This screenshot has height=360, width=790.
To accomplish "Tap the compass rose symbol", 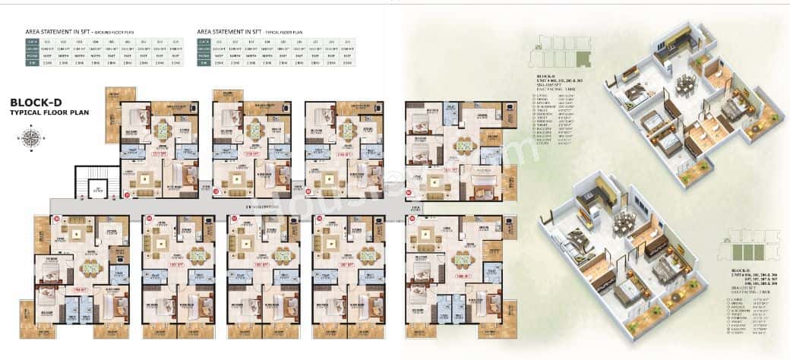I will (31, 137).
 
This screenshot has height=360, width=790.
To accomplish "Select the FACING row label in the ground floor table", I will (32, 55).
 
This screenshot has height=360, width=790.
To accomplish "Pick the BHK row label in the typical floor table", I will (204, 62).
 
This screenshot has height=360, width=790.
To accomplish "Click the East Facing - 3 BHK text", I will (561, 88).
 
